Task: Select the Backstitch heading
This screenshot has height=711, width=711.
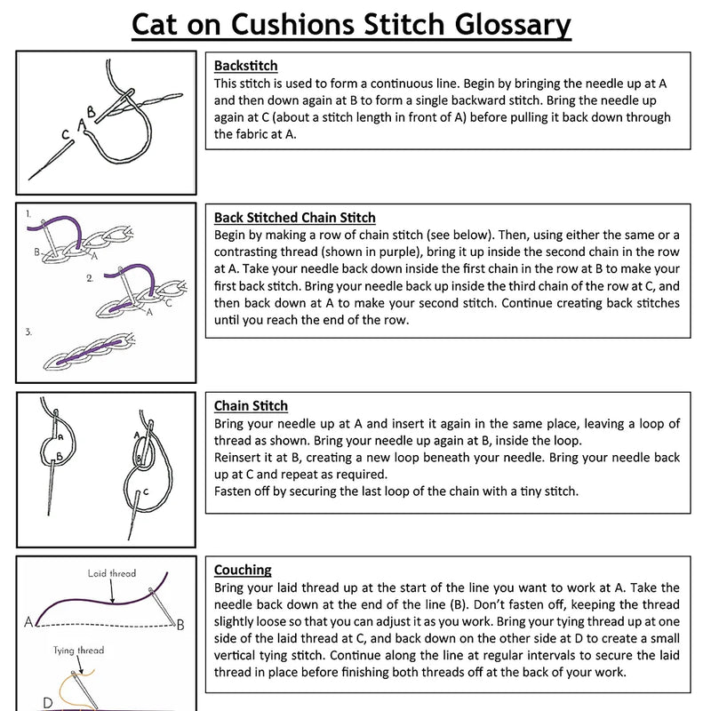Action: [x=246, y=66]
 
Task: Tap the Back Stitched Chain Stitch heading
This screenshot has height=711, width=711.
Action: [x=295, y=218]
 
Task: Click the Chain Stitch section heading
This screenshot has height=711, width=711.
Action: [x=251, y=406]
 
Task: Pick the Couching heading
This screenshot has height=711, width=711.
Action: [x=243, y=570]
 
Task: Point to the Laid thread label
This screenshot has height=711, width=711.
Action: [x=111, y=573]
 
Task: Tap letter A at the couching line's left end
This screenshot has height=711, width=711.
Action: [x=29, y=620]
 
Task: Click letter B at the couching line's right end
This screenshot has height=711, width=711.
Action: [x=180, y=624]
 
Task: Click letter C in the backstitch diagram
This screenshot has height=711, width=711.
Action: [x=66, y=135]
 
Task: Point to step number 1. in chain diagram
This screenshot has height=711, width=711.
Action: [x=30, y=214]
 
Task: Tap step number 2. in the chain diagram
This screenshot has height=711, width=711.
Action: [x=89, y=277]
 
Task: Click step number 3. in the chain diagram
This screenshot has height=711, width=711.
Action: [x=30, y=332]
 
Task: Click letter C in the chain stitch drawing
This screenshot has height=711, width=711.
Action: [x=145, y=491]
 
